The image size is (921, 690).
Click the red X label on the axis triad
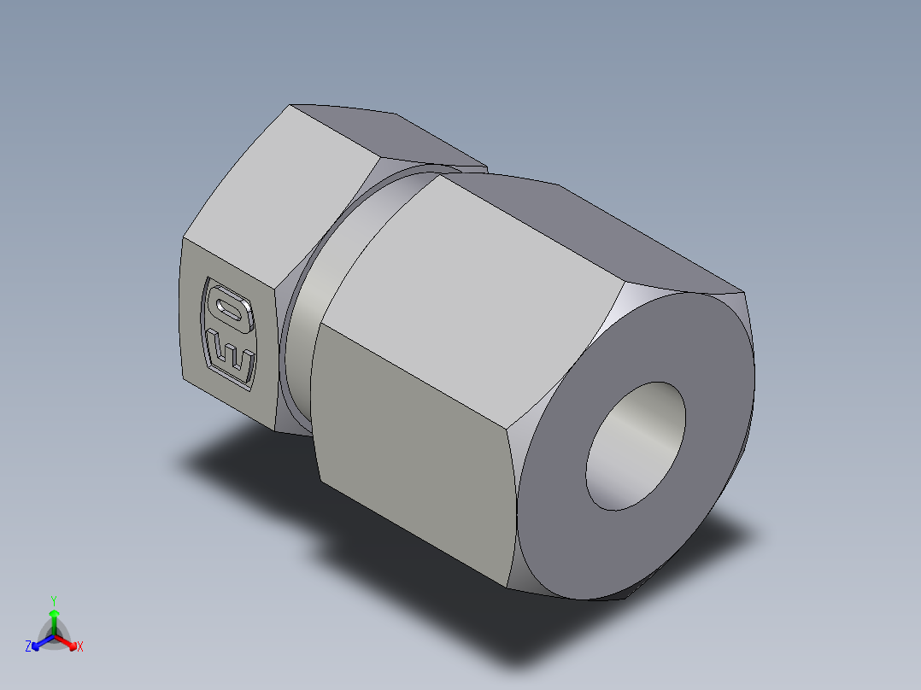point(80,647)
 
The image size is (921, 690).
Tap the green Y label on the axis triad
point(54,599)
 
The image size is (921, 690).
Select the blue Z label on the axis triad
point(28,647)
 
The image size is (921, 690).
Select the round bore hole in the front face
point(635,446)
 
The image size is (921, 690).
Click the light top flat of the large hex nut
point(478,273)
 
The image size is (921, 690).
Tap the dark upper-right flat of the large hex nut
point(615,231)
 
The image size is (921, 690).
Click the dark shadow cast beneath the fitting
point(256,478)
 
